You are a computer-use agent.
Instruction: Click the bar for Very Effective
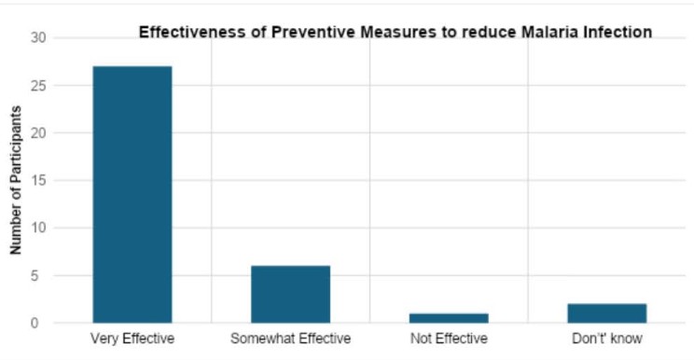pos(132,194)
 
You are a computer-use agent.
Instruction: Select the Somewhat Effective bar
pos(290,294)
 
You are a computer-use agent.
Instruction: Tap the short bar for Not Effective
pos(449,318)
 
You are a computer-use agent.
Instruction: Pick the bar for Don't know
pos(606,313)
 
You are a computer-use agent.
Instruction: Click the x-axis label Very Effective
pos(132,339)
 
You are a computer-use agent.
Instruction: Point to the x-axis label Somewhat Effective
pos(290,339)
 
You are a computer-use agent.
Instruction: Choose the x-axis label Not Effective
pos(449,339)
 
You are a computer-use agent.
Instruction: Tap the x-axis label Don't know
pos(606,339)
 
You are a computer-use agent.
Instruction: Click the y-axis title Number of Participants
pos(16,181)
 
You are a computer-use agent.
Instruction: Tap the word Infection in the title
pos(614,33)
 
